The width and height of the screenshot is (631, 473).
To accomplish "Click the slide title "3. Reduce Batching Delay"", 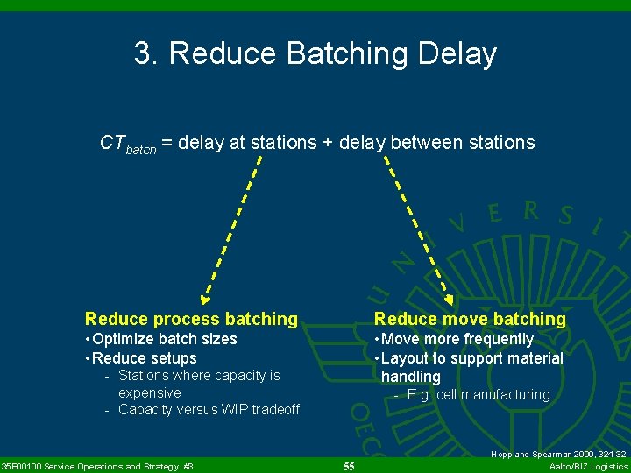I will [315, 53].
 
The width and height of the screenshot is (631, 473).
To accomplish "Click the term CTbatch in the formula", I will [128, 144].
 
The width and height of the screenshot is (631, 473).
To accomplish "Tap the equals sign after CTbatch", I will [166, 143].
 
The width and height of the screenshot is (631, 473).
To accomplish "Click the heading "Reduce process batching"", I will [191, 319].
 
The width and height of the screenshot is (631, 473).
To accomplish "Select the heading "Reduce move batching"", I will [470, 319].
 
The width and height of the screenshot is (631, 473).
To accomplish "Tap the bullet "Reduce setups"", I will [144, 358].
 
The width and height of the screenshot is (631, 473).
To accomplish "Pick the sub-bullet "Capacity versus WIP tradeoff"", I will [209, 410].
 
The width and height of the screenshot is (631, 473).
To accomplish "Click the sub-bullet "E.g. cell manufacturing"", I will [478, 395].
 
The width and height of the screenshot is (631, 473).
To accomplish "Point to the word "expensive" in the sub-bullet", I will [149, 392].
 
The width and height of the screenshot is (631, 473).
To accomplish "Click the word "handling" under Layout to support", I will [411, 377].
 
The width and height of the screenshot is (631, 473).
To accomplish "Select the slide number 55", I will [349, 467].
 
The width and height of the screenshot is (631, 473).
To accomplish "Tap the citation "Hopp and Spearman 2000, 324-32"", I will [558, 455].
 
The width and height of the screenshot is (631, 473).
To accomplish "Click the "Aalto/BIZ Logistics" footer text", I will [588, 467].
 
